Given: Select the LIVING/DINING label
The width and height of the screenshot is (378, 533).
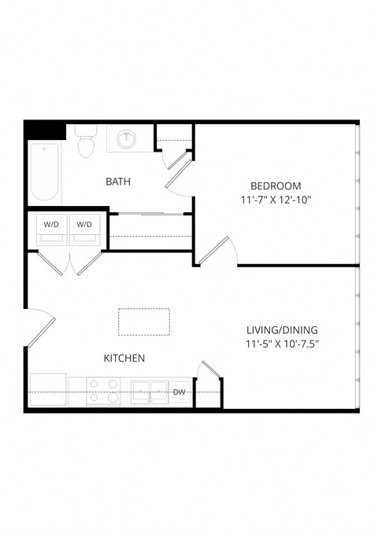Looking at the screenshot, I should point(282,330).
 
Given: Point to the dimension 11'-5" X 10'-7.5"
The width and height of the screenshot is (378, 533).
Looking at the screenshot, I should point(282,344).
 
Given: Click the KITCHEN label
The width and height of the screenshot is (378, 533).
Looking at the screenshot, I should point(124,358).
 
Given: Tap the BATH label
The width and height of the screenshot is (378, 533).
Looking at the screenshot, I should point(118,182).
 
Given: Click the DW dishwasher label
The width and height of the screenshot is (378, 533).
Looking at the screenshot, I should point(180,391).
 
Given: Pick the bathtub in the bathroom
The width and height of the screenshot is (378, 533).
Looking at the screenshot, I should point(45,172).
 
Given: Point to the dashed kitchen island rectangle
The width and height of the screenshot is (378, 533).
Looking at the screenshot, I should point(144,322).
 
